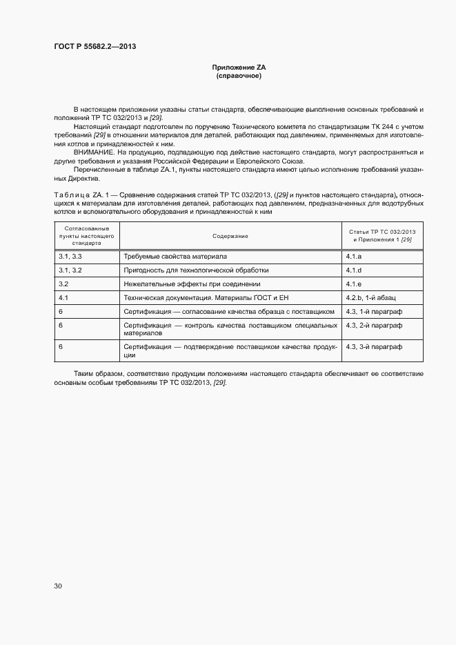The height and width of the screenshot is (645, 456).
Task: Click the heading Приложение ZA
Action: (239, 68)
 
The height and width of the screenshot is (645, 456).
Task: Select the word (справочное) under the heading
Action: (239, 76)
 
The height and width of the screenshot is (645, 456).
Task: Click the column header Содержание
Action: (230, 236)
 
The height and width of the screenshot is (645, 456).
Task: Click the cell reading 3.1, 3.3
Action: (70, 257)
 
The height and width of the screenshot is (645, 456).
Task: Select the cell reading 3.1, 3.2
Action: (70, 270)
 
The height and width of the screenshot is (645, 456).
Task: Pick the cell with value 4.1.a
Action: (354, 257)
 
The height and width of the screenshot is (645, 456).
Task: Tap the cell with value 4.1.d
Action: (354, 270)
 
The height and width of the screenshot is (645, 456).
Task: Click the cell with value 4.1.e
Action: (354, 284)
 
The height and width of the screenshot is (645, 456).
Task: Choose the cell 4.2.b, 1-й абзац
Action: (370, 298)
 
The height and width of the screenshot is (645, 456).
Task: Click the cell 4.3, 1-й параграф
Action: (374, 312)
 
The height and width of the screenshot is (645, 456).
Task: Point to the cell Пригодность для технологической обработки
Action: (196, 270)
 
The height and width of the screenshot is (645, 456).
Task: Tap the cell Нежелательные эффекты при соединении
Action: (192, 284)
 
